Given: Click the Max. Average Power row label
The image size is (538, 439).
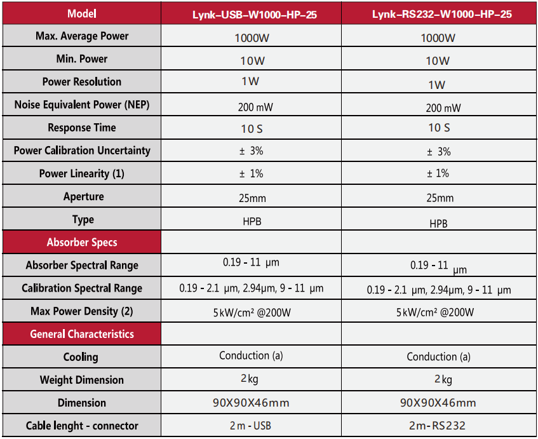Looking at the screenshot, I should point(82,36).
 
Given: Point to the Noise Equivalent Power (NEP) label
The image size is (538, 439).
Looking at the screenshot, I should point(82,105).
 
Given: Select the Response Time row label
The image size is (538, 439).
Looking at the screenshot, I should point(82,128).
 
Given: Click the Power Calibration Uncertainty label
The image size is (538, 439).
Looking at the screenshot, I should point(82,151).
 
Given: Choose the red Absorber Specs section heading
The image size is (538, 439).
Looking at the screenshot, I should point(82,242).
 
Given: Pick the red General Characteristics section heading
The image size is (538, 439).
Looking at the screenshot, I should point(82,334).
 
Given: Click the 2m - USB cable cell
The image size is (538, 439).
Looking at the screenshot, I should point(250,425).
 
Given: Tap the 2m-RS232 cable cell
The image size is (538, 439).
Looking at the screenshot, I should point(438,425).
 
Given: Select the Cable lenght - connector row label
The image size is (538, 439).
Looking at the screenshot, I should point(82,425).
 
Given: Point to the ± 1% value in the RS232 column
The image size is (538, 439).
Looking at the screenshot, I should point(438,173).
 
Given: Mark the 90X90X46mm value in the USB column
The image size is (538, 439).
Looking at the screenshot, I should point(250,403).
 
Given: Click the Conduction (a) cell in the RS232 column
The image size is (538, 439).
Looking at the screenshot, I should point(438,356).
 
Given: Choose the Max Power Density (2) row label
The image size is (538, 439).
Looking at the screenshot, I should point(82,311).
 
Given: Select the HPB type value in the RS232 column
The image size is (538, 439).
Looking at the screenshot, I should point(438,224).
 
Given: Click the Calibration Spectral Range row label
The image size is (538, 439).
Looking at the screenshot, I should point(82,288).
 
